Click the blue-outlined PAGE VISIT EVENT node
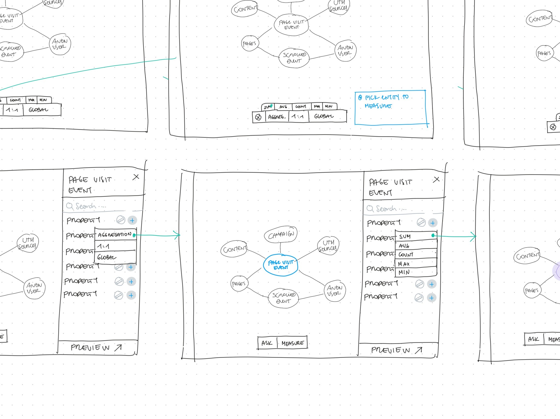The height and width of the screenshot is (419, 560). (281, 265)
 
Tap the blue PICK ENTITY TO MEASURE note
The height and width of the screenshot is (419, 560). (390, 108)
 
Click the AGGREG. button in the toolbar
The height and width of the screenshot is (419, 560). (277, 117)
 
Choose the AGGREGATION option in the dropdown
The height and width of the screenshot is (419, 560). (115, 235)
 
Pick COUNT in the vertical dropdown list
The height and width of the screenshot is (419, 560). (416, 254)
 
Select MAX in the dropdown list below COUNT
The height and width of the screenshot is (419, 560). (416, 264)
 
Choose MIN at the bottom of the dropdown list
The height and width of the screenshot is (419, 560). (416, 272)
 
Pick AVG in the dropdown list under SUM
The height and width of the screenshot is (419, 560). (416, 246)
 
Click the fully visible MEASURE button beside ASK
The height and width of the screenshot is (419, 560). (293, 343)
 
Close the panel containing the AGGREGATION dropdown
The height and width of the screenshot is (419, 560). (136, 177)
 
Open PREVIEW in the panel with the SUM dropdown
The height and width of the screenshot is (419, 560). (396, 350)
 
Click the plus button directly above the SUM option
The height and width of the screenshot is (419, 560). (433, 223)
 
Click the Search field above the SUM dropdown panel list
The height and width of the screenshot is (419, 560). (394, 209)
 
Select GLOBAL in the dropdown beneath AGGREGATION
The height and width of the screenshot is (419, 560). (115, 257)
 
